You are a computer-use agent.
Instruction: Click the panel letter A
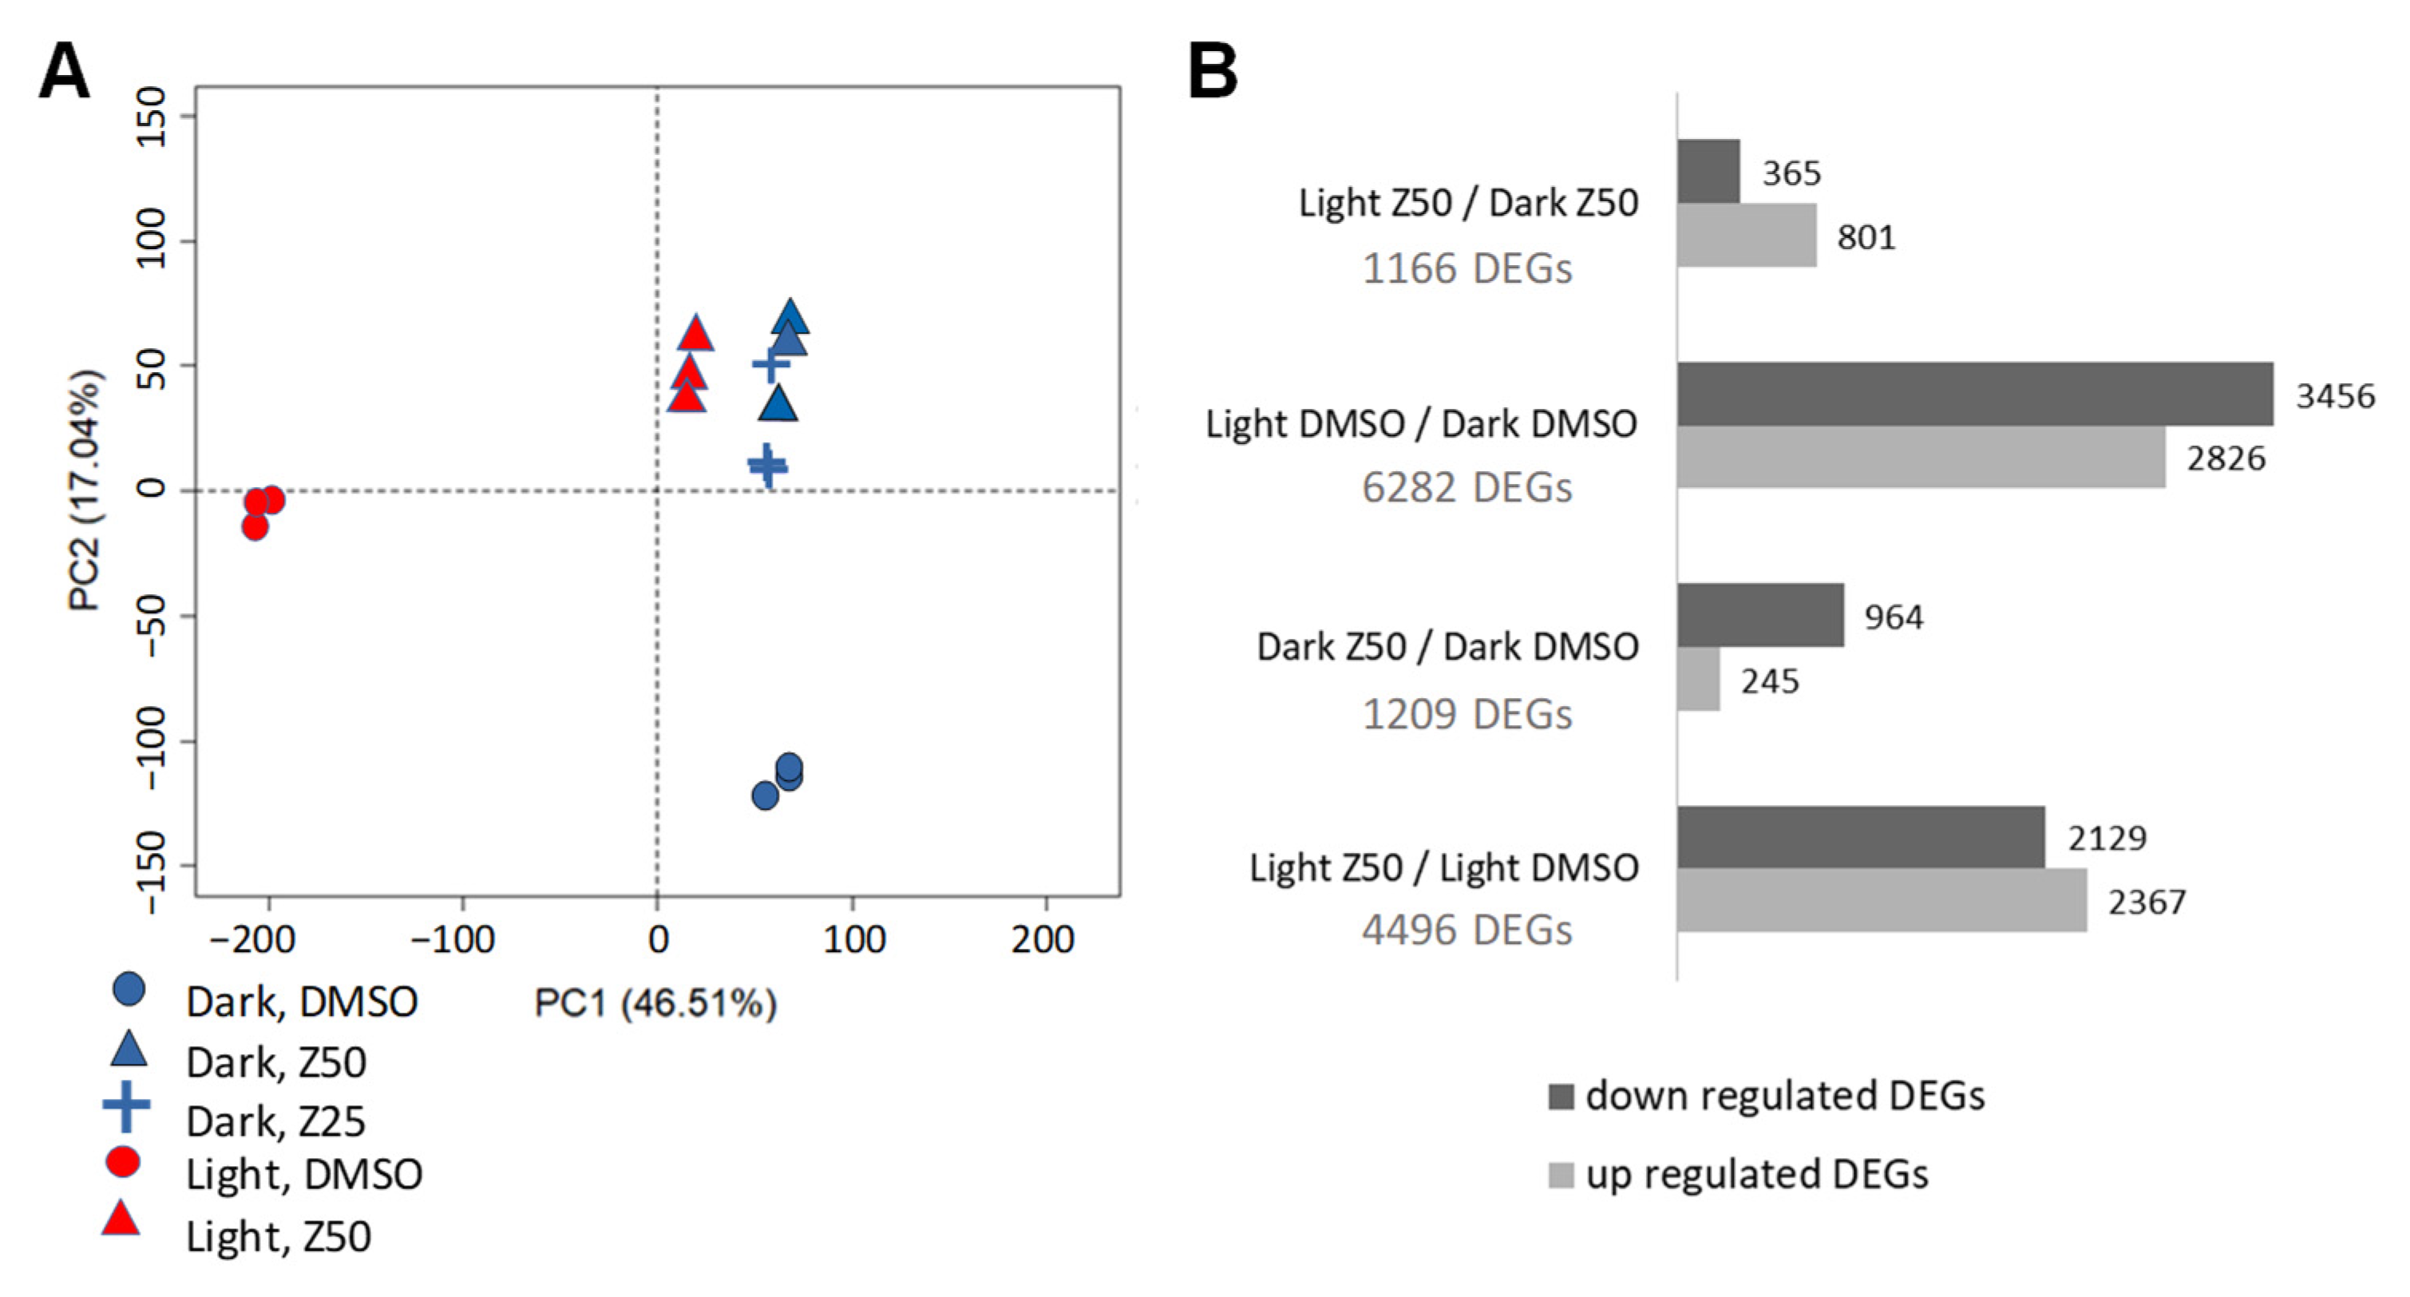click(x=64, y=72)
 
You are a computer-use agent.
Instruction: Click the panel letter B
click(x=1212, y=72)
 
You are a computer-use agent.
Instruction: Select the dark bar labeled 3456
click(x=1974, y=394)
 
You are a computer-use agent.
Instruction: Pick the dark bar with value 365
click(x=1708, y=171)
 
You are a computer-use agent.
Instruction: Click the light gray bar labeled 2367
click(x=1881, y=900)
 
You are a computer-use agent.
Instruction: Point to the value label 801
click(x=1866, y=236)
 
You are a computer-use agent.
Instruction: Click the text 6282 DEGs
click(x=1466, y=487)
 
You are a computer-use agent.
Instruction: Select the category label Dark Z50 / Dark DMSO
click(x=1446, y=647)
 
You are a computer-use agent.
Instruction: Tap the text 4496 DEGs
click(x=1466, y=930)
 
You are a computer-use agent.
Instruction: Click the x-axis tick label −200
click(x=252, y=938)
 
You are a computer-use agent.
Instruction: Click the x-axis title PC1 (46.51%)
click(x=655, y=1003)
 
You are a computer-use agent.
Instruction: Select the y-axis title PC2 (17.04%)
click(x=85, y=490)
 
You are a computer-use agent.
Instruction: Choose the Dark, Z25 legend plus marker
click(x=126, y=1107)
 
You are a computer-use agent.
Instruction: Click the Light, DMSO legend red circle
click(x=123, y=1162)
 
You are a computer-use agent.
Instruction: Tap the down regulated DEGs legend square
click(x=1561, y=1096)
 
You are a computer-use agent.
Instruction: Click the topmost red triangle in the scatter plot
click(x=695, y=334)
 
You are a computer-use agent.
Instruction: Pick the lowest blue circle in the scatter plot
click(x=765, y=796)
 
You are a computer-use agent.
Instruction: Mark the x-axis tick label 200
click(x=1043, y=938)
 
